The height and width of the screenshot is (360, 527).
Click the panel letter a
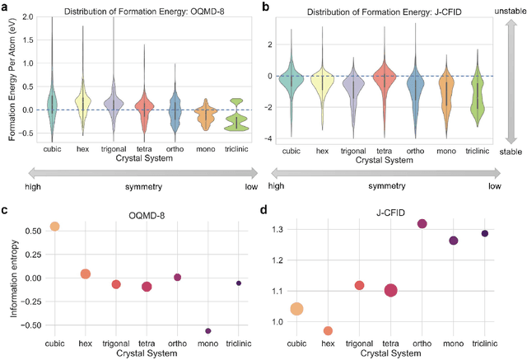point(6,6)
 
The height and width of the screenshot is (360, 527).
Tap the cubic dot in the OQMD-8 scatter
point(55,227)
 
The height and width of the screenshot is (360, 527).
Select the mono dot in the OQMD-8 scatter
point(208,331)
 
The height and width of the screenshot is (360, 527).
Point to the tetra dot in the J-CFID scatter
point(390,290)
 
